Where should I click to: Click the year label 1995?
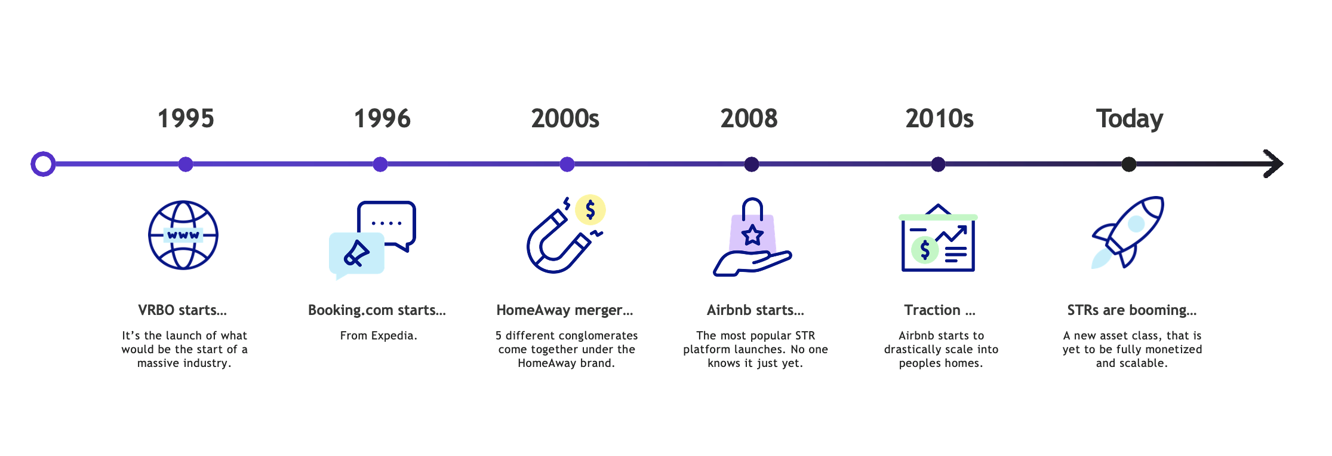tap(186, 118)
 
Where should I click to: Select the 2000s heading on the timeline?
tap(565, 118)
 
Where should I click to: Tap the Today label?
tap(1129, 119)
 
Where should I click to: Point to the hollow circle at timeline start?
tap(43, 164)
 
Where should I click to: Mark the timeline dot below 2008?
tap(752, 164)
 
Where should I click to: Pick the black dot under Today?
tap(1128, 164)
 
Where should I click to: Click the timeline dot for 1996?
tap(380, 164)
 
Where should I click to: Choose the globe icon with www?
tap(183, 235)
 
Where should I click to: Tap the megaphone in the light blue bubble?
tap(356, 253)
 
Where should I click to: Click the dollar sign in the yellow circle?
tap(590, 210)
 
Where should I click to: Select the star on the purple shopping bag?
tap(752, 235)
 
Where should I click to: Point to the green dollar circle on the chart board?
tap(925, 250)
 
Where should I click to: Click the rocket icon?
tap(1127, 232)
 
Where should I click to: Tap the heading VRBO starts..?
tap(183, 310)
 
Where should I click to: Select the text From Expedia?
tap(379, 336)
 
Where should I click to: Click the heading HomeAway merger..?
tap(565, 311)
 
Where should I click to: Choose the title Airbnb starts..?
tap(755, 310)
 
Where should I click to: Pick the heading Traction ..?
tap(940, 310)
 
